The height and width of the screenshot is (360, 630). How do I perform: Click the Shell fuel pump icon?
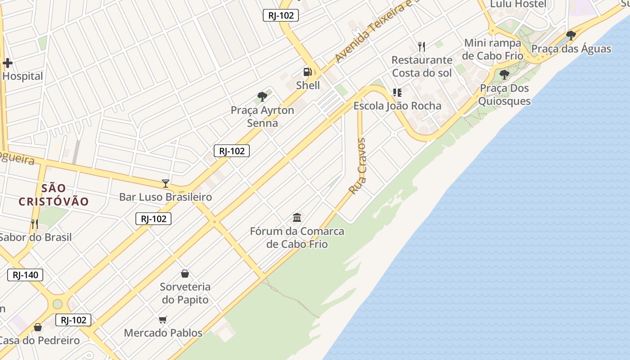pyautogui.click(x=307, y=72)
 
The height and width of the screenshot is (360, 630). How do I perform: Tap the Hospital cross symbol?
pyautogui.click(x=7, y=63)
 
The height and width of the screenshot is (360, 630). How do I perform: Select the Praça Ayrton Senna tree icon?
pyautogui.click(x=262, y=96)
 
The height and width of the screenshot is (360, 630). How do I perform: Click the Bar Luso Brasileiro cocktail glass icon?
pyautogui.click(x=166, y=184)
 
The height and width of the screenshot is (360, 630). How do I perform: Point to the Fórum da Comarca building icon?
pyautogui.click(x=297, y=218)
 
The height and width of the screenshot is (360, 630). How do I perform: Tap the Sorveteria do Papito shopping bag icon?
pyautogui.click(x=184, y=273)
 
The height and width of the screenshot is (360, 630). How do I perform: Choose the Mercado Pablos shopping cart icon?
pyautogui.click(x=163, y=319)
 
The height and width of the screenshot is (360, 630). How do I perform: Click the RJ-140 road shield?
pyautogui.click(x=25, y=275)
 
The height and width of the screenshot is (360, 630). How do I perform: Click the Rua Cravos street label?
pyautogui.click(x=358, y=166)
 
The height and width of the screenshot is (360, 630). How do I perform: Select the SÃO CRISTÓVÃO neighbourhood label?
pyautogui.click(x=54, y=195)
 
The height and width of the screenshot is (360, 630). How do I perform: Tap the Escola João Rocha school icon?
pyautogui.click(x=397, y=93)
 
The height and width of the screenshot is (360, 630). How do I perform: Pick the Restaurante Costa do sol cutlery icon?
pyautogui.click(x=422, y=46)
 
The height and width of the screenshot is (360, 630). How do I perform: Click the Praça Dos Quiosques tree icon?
pyautogui.click(x=504, y=75)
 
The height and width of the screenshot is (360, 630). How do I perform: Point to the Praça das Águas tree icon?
pyautogui.click(x=571, y=35)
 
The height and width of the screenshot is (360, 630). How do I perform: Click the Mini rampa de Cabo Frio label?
pyautogui.click(x=493, y=49)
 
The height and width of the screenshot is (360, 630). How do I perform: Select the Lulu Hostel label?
pyautogui.click(x=518, y=4)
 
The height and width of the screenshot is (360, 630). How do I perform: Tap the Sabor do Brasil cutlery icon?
pyautogui.click(x=34, y=224)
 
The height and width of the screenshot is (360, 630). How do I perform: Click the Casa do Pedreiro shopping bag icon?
pyautogui.click(x=38, y=327)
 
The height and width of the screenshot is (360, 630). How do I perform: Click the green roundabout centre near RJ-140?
pyautogui.click(x=58, y=304)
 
